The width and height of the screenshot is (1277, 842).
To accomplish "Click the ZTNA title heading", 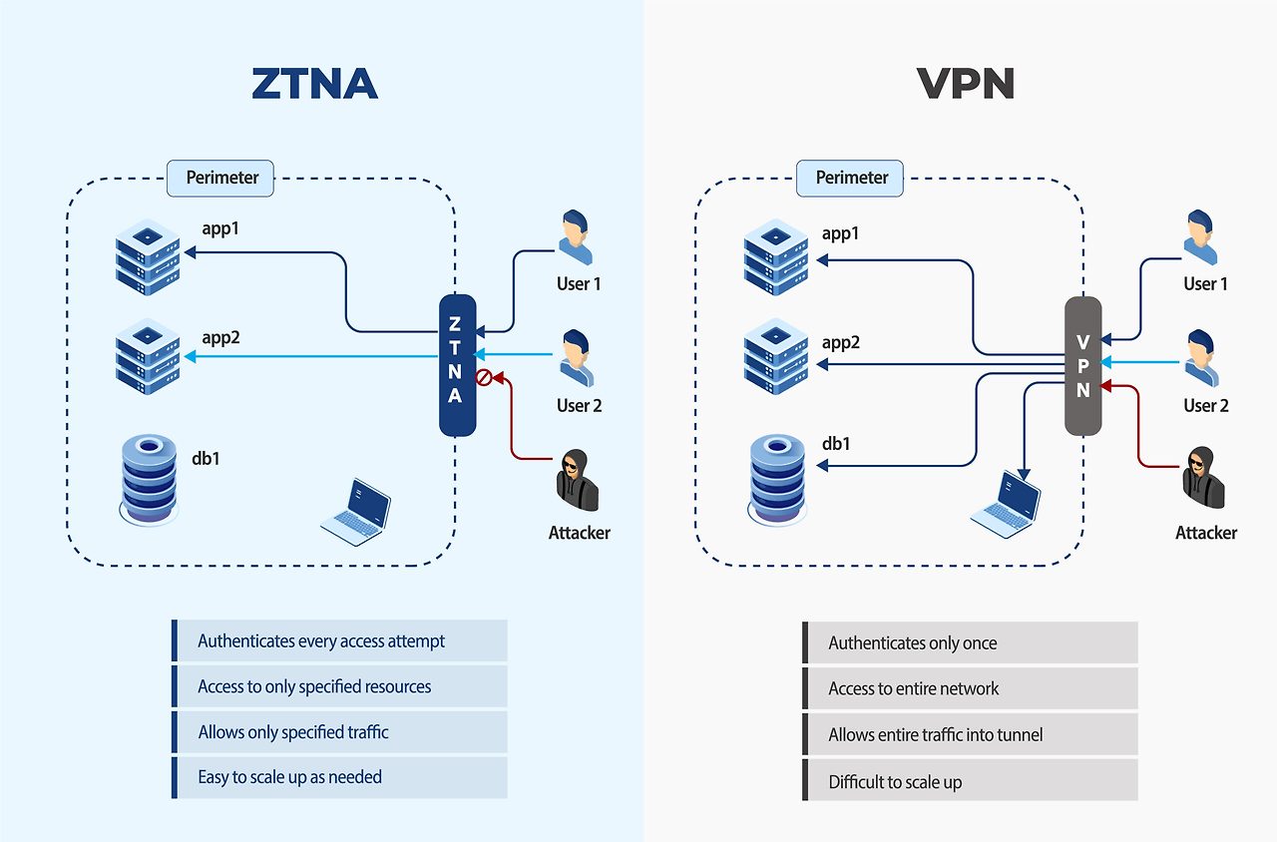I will (315, 85).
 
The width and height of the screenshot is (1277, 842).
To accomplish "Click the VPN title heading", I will (965, 85).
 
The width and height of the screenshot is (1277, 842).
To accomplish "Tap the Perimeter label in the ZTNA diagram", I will (221, 178).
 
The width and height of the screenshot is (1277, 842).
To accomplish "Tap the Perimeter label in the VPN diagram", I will (851, 178).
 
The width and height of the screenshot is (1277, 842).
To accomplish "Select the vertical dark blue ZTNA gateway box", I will (456, 366).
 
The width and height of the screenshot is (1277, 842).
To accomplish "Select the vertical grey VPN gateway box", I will (1083, 366).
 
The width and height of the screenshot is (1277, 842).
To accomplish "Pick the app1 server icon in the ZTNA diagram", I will (148, 257).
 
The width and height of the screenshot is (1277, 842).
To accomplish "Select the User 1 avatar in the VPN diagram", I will (1200, 238).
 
